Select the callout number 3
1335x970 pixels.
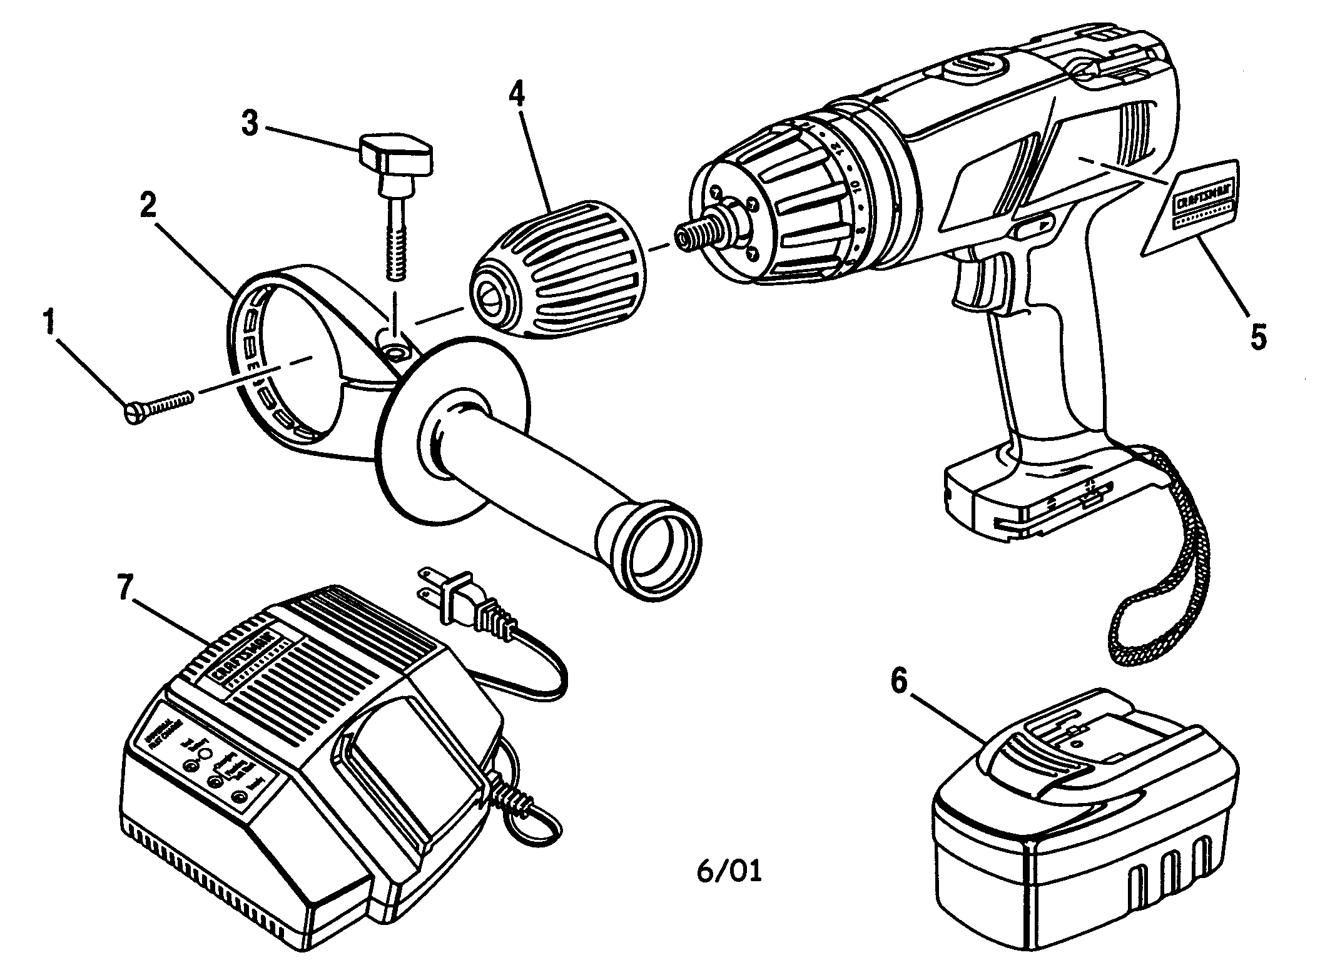click(250, 124)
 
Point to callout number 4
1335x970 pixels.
click(516, 94)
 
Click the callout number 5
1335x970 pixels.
click(1258, 336)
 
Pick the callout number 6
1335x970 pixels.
click(898, 682)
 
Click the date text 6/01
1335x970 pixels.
click(729, 872)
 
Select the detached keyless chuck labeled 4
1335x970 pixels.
click(557, 269)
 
